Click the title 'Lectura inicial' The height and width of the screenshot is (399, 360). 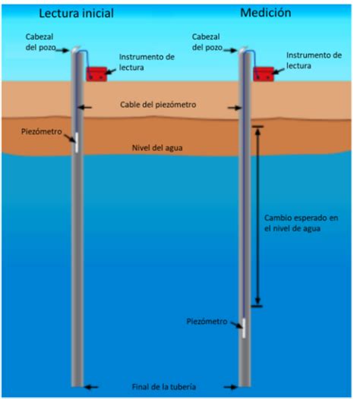point(76,13)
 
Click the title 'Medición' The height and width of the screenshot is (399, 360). point(266,13)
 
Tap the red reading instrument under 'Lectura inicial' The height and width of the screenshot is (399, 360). point(96,74)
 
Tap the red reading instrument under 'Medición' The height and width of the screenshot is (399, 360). point(264,74)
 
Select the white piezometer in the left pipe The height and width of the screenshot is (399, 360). point(77,143)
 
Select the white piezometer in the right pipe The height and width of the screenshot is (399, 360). point(244,328)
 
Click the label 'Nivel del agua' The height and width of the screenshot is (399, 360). point(157,148)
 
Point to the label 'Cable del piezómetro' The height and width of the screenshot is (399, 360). point(158,105)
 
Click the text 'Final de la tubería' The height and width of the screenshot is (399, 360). point(164,387)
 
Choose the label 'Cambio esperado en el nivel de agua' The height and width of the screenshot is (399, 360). point(302,223)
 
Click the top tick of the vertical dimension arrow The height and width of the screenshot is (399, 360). point(257,126)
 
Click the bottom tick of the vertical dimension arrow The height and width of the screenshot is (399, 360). point(257,306)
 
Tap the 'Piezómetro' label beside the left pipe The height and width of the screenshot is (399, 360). point(42,131)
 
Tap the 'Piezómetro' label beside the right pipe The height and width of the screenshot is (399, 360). point(207,322)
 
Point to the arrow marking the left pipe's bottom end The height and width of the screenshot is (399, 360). point(91,388)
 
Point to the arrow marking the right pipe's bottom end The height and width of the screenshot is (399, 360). point(230,388)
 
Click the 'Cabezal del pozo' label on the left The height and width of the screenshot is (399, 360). point(40,42)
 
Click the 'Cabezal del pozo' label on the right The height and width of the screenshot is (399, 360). point(207,42)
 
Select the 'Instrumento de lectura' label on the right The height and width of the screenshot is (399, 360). point(314,61)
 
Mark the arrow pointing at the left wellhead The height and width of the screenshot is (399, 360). point(62,50)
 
